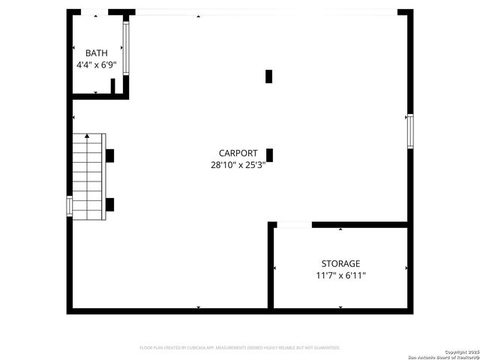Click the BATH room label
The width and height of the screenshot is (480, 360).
point(96,53)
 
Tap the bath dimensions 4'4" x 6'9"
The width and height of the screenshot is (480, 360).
point(96,65)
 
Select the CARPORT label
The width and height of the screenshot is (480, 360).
point(238,153)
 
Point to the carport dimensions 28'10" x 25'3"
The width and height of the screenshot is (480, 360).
point(238,165)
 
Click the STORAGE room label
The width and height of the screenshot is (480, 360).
point(340,264)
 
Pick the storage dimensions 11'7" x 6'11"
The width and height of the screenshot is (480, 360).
point(340,276)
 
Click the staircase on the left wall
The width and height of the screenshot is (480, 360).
point(88,177)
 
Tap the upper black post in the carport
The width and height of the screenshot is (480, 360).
point(269,76)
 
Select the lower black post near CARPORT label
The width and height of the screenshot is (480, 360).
point(269,155)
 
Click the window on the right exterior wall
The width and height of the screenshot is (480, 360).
point(409,130)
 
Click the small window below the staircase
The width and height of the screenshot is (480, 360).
point(70,205)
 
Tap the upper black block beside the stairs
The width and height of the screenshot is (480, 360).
point(109,155)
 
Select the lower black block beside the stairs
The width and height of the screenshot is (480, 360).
point(109,203)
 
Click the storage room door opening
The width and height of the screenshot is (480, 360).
point(294,224)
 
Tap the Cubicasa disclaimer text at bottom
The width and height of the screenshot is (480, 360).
point(240,348)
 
